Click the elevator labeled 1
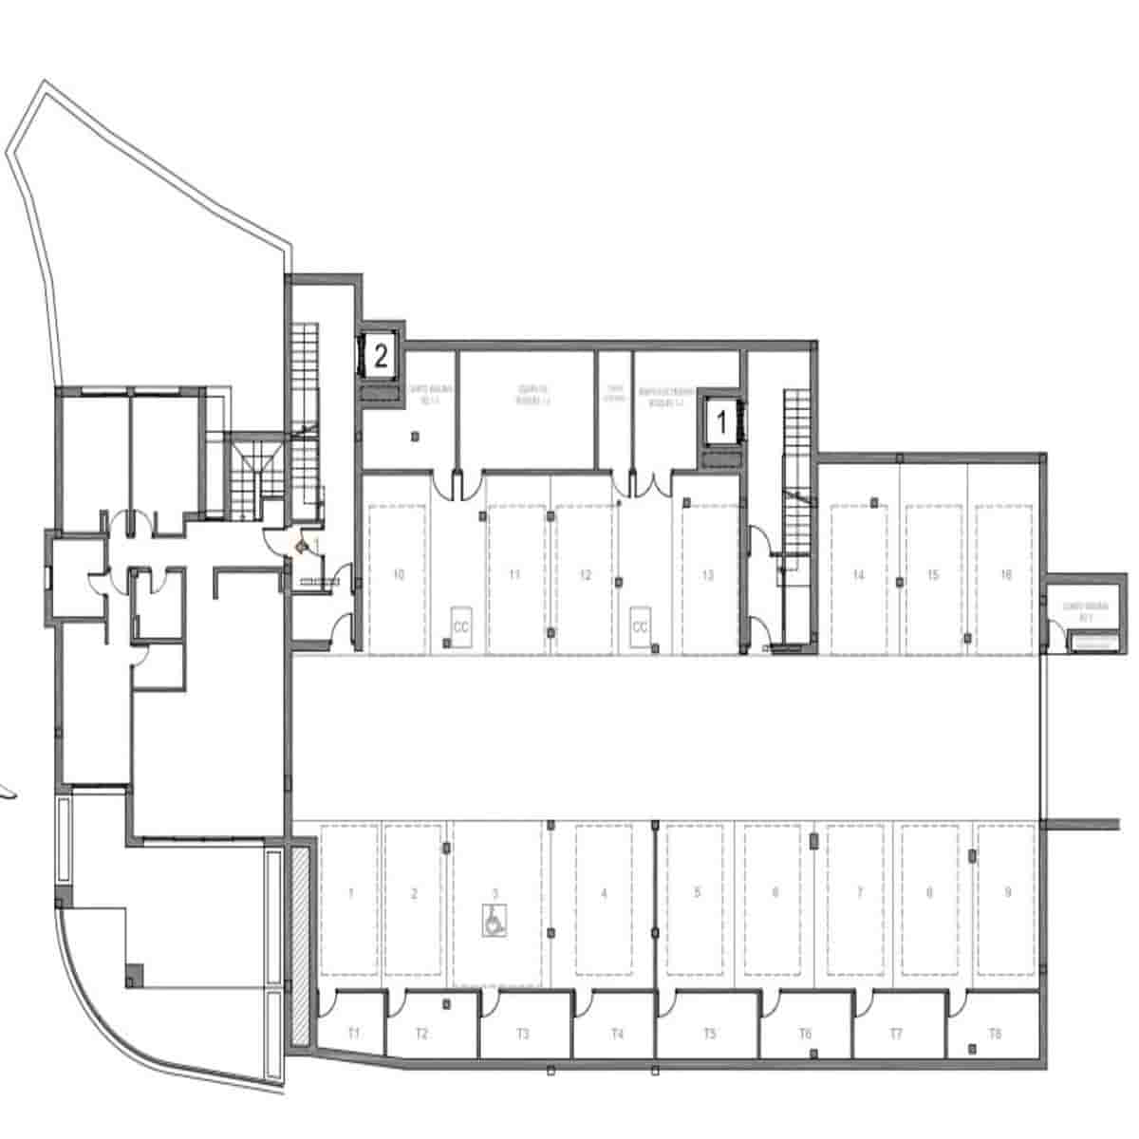719,422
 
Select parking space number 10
399,575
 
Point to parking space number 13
707,575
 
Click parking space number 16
1006,575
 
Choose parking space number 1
351,893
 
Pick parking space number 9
1007,892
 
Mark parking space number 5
698,892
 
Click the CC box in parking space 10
461,626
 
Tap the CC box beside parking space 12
640,626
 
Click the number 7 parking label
860,892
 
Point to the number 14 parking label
858,575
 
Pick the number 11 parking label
514,575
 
